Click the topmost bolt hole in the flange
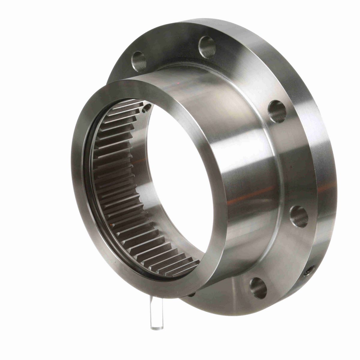tap(207, 47)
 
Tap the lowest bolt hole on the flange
tap(258, 288)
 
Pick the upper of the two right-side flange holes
tap(277, 112)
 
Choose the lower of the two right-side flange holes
tap(299, 216)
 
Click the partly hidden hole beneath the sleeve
tap(192, 293)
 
